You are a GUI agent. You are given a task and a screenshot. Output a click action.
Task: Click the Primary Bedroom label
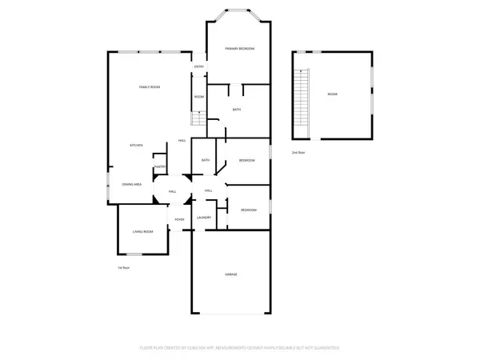coord(239,49)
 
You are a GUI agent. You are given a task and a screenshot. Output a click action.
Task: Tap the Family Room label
coord(150,86)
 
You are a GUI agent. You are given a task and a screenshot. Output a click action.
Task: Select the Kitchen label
coord(137,145)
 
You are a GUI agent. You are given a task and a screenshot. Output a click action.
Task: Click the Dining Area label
coord(132,184)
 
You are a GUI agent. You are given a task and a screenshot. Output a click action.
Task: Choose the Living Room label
coord(143,231)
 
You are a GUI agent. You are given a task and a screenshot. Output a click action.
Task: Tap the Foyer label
coord(180,219)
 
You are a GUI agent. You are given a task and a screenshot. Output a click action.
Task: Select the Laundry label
coord(204,218)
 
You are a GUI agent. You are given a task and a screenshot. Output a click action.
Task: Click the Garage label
coord(230,274)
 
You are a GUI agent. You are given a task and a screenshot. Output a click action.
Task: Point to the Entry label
coord(199,66)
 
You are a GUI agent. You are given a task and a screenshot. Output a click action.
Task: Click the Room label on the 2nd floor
coord(332,94)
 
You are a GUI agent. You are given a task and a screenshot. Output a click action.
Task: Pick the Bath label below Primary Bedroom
coord(237,110)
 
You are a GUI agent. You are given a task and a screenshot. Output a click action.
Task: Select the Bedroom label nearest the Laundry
coord(249,210)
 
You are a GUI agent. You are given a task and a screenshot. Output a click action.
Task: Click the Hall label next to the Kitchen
coord(182,141)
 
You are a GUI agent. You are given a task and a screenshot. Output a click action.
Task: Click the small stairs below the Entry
coord(194,119)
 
